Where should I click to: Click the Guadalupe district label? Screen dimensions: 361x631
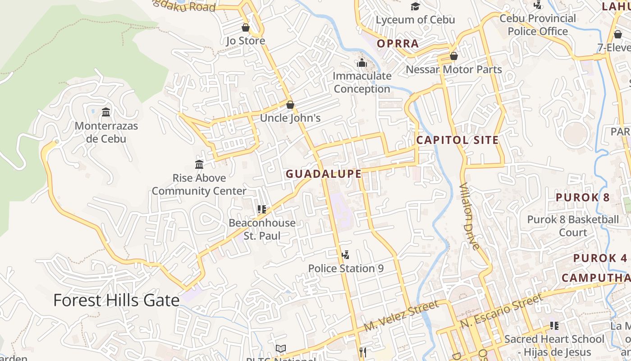pyautogui.click(x=324, y=174)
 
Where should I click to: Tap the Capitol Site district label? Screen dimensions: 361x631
pyautogui.click(x=457, y=140)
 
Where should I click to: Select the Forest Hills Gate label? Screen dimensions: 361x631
pyautogui.click(x=116, y=300)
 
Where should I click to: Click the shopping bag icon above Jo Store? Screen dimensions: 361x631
pyautogui.click(x=246, y=28)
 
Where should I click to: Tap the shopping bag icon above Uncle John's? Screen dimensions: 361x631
pyautogui.click(x=290, y=105)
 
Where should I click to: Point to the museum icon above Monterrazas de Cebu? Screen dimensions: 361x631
pyautogui.click(x=106, y=112)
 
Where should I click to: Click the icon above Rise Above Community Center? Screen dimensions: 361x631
pyautogui.click(x=199, y=164)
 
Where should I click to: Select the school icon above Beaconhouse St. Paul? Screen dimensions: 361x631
pyautogui.click(x=262, y=209)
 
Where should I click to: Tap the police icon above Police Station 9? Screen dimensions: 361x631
pyautogui.click(x=346, y=255)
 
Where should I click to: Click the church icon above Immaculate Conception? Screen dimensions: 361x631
pyautogui.click(x=362, y=63)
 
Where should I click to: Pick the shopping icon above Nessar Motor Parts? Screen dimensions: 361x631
pyautogui.click(x=454, y=56)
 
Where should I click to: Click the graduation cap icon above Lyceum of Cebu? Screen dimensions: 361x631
pyautogui.click(x=415, y=6)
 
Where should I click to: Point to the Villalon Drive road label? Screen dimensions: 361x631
pyautogui.click(x=469, y=216)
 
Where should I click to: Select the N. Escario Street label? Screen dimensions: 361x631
pyautogui.click(x=502, y=311)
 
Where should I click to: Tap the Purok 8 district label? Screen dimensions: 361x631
pyautogui.click(x=582, y=197)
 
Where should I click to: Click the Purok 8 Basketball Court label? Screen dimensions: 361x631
pyautogui.click(x=573, y=226)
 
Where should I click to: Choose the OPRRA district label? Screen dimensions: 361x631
pyautogui.click(x=398, y=44)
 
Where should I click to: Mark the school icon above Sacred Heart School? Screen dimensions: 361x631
pyautogui.click(x=554, y=325)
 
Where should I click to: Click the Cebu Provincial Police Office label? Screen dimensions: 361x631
pyautogui.click(x=538, y=25)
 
